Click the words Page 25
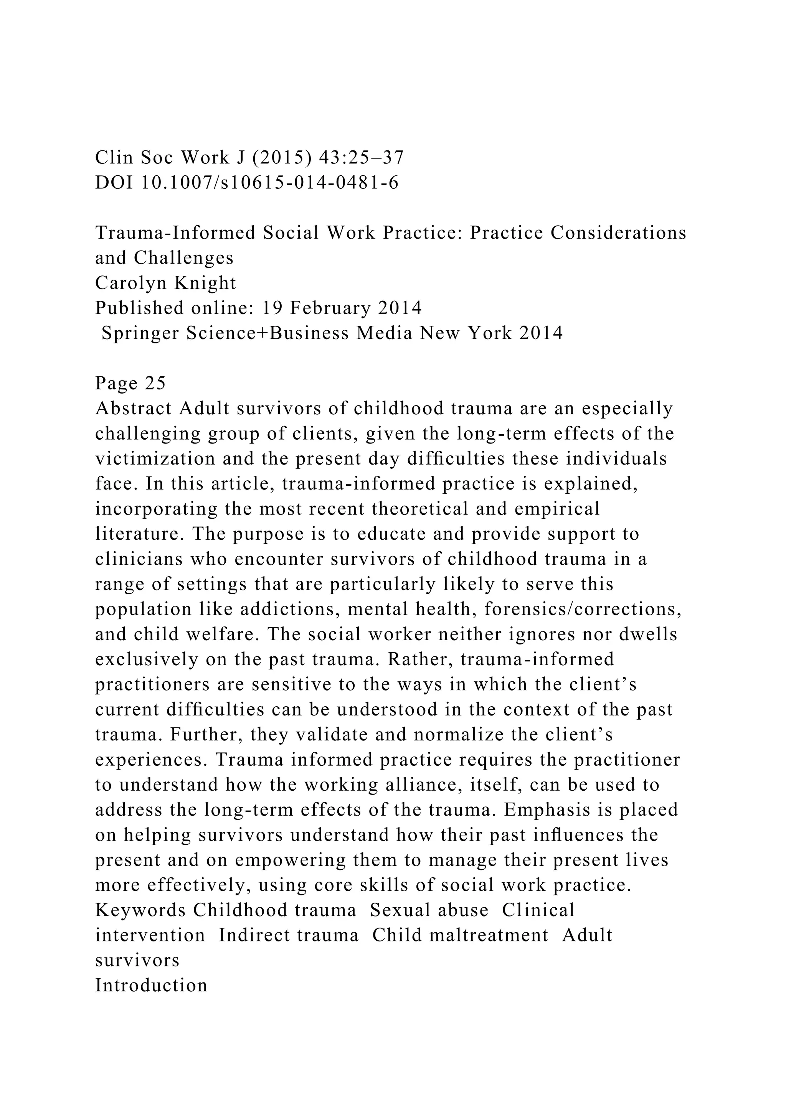click(130, 383)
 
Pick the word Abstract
click(134, 409)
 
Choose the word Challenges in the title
click(183, 258)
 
